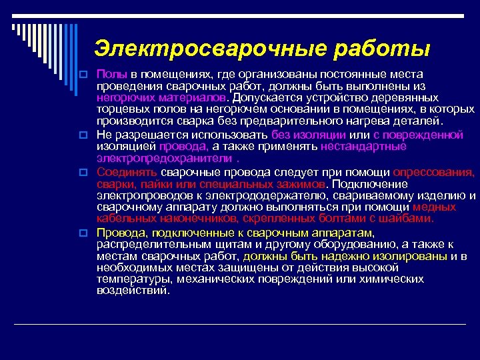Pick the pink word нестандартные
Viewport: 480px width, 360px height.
(x=363, y=147)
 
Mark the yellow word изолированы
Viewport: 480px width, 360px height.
(x=405, y=255)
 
